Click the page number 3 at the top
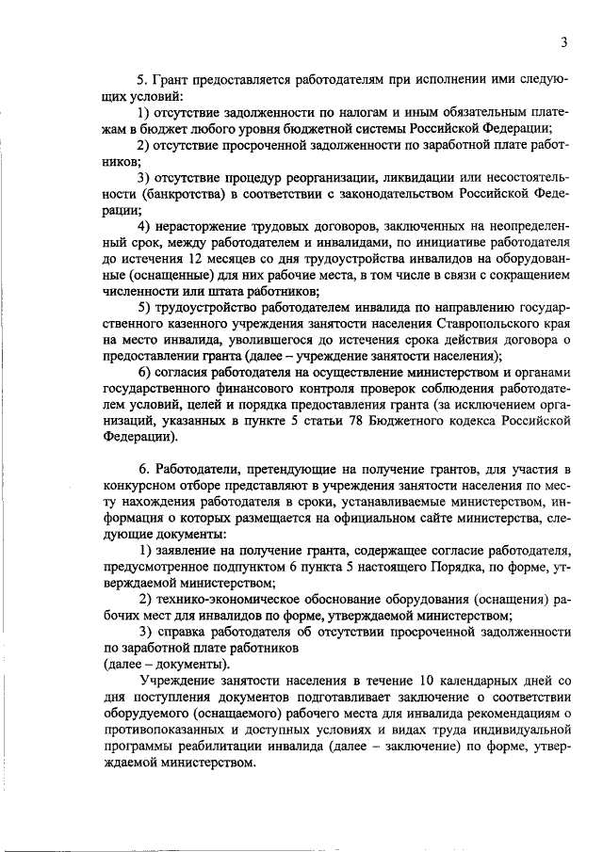pyautogui.click(x=562, y=41)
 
